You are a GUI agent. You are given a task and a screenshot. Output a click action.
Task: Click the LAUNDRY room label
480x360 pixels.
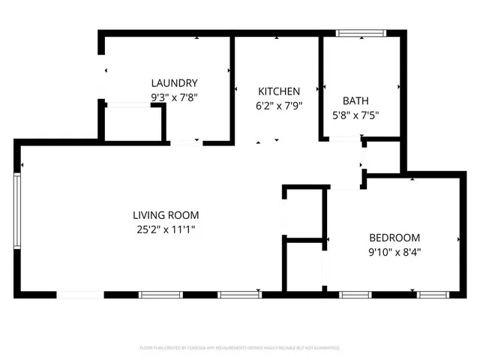click(174, 83)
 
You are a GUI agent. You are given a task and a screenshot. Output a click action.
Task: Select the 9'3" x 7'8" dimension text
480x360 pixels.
click(174, 97)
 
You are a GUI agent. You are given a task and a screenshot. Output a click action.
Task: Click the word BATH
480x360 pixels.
click(355, 101)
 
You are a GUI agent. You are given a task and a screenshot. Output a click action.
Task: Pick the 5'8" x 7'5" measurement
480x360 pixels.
click(355, 115)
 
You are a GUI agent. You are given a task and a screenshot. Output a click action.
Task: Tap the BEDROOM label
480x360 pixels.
click(394, 237)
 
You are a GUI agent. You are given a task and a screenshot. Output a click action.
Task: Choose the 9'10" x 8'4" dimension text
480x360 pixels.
click(394, 252)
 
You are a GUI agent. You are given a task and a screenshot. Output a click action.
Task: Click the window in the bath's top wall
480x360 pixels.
click(360, 33)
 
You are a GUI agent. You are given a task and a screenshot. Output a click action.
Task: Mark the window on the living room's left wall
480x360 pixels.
click(17, 209)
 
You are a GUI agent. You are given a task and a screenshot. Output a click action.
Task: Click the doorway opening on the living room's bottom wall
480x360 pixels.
click(81, 294)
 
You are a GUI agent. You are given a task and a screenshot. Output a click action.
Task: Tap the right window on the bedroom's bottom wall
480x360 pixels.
click(432, 294)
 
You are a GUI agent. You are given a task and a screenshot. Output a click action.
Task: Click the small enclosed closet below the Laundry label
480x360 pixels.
click(133, 124)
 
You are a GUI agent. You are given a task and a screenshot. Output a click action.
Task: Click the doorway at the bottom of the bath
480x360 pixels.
click(343, 139)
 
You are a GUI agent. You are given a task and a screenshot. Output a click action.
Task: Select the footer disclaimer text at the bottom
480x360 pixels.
click(240, 348)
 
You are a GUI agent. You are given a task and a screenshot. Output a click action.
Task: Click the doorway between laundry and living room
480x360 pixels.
click(185, 142)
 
